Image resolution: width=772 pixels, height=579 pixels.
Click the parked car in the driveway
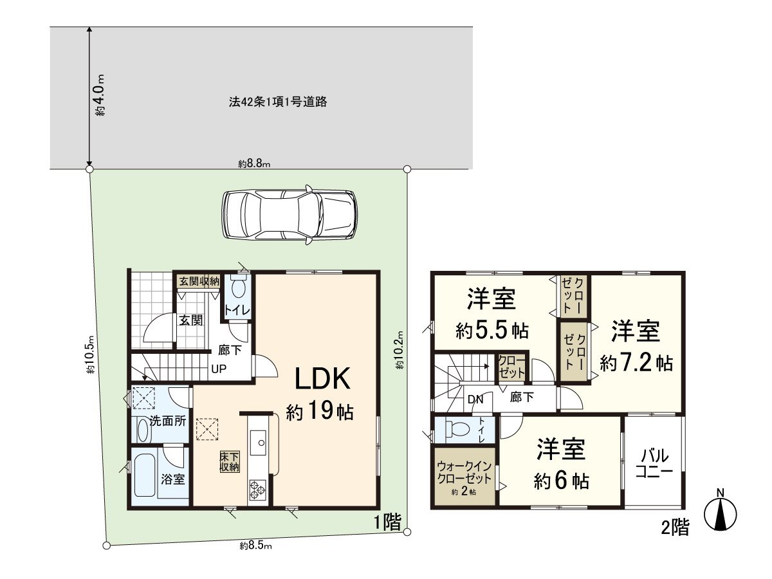tap(289, 215)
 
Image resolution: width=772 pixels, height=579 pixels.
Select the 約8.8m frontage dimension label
tap(254, 164)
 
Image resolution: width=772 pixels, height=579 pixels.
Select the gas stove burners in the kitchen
tap(258, 490)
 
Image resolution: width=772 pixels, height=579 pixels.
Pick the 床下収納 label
tap(230, 461)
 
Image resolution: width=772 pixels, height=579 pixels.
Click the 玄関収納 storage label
tap(199, 281)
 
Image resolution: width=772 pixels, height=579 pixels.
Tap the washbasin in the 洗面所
tap(142, 430)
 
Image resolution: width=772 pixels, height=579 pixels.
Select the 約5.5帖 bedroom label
tap(492, 315)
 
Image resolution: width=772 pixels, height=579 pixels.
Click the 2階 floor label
tap(675, 528)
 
